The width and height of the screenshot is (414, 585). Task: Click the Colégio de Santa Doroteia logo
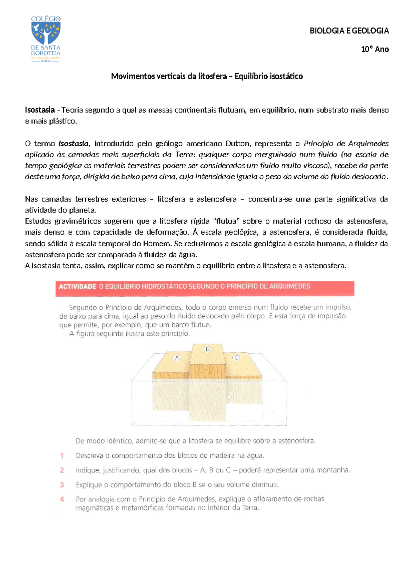tap(46, 39)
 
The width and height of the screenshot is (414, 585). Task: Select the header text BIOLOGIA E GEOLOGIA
tap(349, 31)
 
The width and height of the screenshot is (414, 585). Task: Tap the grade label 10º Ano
tap(375, 49)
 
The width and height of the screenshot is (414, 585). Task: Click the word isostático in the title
tap(286, 76)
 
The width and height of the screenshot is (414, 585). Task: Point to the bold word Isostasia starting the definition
tap(40, 110)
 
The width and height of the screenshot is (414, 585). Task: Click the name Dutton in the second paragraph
tap(238, 143)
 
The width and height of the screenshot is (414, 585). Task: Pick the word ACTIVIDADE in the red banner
tap(77, 286)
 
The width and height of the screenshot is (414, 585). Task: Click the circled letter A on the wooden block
tap(177, 357)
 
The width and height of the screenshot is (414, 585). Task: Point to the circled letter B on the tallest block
tap(207, 349)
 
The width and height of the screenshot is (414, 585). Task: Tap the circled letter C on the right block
tap(236, 357)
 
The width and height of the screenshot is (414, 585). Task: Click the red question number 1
tap(62, 456)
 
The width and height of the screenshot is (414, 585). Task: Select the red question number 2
tap(62, 470)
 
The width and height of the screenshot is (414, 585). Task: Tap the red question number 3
tap(62, 485)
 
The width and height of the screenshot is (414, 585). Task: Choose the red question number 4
tap(62, 499)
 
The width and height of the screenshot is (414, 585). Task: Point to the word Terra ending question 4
tap(250, 508)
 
